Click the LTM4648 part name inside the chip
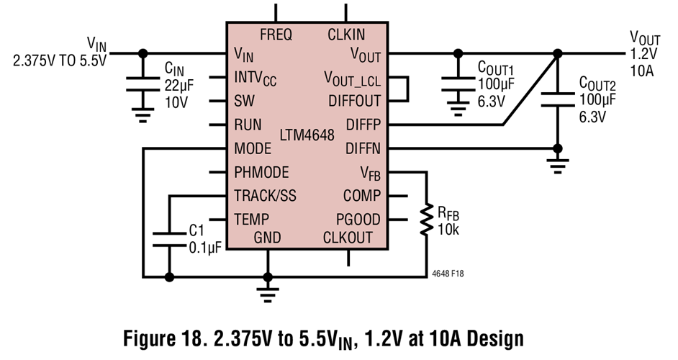307,135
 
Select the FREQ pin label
276,34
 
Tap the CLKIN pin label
346,34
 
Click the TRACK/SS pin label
265,196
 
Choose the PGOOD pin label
358,220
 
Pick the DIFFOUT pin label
354,100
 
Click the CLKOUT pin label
348,238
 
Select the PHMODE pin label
261,173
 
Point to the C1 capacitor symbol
168,238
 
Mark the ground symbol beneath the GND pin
268,292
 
